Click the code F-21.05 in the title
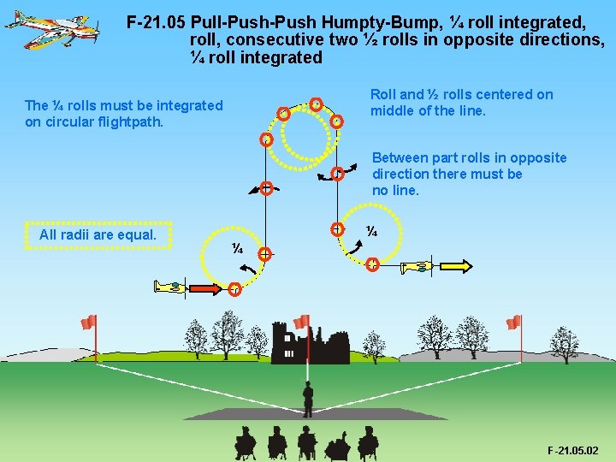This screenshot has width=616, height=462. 156,22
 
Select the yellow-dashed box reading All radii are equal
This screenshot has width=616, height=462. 98,234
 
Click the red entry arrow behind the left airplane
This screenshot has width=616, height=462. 206,287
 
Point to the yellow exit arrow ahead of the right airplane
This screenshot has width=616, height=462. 458,267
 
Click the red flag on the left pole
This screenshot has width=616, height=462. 88,323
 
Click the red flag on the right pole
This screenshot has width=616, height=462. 513,323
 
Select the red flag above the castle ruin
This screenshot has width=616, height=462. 301,322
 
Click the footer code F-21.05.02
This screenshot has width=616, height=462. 573,450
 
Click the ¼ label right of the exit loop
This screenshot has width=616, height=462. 372,231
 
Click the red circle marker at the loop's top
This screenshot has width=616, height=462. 316,104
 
